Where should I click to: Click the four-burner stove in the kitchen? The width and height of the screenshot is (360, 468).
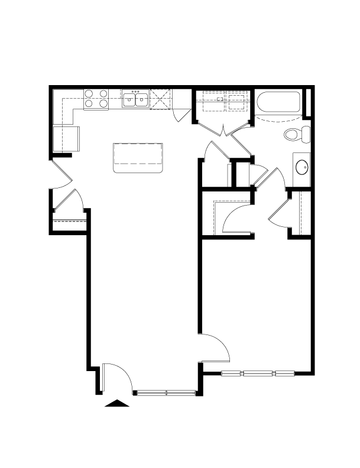pos(96,98)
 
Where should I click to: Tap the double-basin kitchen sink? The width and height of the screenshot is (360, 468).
pos(135,99)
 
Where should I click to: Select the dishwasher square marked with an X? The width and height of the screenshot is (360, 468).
pos(160,99)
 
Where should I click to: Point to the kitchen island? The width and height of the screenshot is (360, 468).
pos(138,157)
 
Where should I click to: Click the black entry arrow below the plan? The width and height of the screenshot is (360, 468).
pos(116,404)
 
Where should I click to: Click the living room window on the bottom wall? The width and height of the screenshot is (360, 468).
pos(165,392)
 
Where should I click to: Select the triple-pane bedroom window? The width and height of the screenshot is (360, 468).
pos(258,373)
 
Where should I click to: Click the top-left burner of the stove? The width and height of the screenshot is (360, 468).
pos(89,93)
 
